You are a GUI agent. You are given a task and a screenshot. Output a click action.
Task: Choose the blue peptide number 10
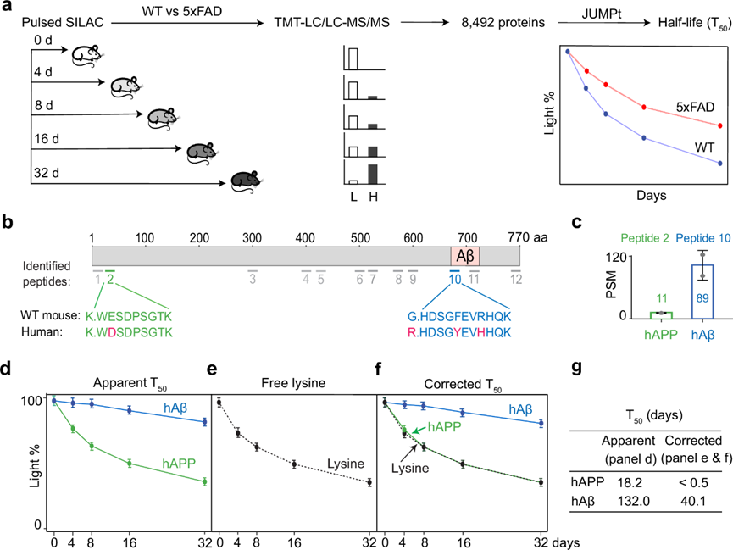pyautogui.click(x=455, y=278)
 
